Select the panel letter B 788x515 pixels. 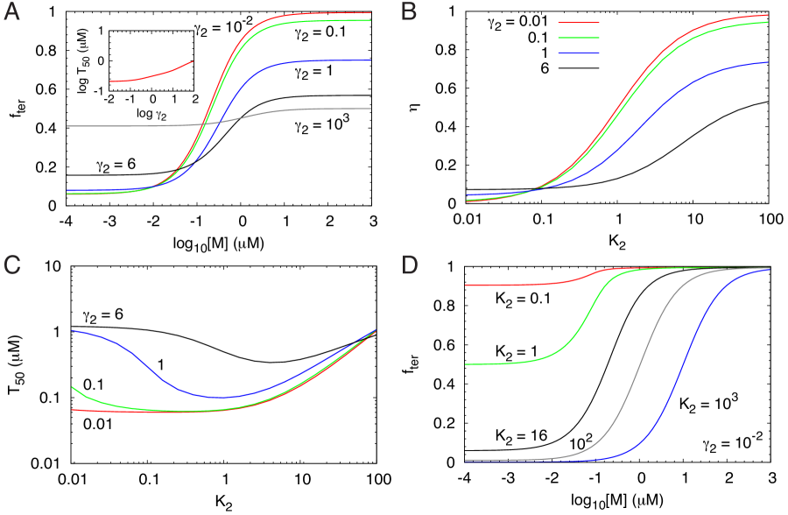pos(409,12)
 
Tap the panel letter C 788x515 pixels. pos(11,265)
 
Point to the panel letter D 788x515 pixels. pos(410,265)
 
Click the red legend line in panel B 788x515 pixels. pos(579,23)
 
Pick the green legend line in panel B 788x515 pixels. pos(579,38)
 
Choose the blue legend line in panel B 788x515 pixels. pos(579,53)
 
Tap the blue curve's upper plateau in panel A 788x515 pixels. pos(333,60)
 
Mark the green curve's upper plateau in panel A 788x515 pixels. pos(333,20)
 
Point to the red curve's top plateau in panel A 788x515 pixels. pos(333,13)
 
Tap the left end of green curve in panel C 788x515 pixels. pos(74,387)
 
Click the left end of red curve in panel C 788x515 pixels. pos(74,409)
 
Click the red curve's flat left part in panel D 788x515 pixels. pos(508,285)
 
